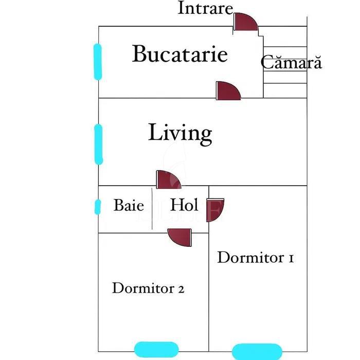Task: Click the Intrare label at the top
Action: [205, 8]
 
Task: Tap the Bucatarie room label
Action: [179, 54]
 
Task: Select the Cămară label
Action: [291, 62]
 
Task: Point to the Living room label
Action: [180, 133]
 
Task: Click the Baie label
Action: [129, 206]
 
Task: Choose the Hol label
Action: [184, 206]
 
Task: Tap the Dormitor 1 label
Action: [255, 257]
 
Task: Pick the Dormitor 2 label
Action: [148, 288]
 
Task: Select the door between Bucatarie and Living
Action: [227, 91]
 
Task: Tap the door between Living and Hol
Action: [168, 180]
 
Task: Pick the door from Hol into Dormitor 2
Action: [181, 238]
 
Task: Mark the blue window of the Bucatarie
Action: [98, 62]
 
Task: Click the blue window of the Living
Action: [99, 144]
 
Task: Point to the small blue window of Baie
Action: [97, 207]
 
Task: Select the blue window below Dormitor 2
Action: [153, 349]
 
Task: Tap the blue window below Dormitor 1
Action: [257, 351]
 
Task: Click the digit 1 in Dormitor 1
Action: [291, 258]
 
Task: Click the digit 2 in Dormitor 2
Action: [181, 289]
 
